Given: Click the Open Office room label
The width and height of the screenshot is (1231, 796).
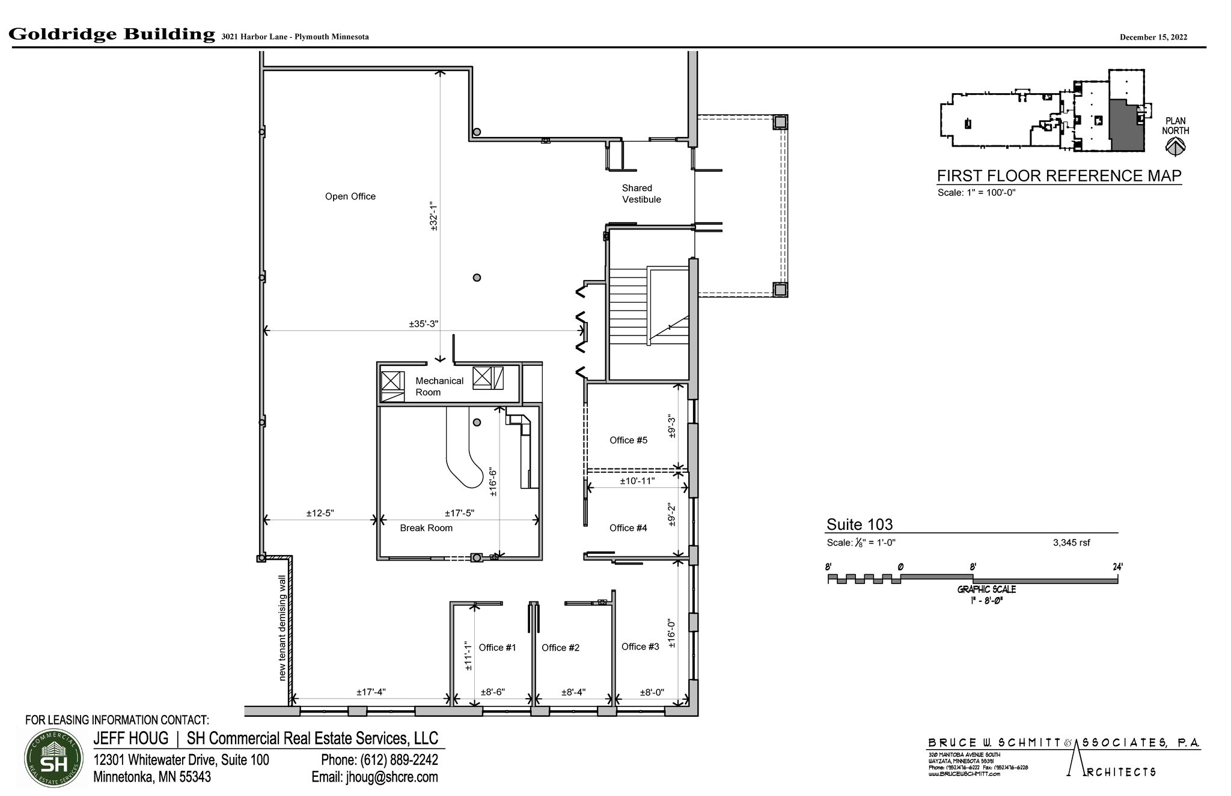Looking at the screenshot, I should pos(350,196).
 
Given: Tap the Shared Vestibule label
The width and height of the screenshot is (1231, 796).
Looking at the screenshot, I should pos(641,193).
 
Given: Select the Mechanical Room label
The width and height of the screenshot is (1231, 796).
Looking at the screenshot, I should pos(439,386).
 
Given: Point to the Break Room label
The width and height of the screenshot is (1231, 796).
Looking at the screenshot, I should pos(426,528).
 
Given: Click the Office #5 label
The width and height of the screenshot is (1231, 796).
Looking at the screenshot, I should pos(628,440).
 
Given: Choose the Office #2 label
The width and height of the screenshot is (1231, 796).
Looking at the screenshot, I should pos(560,648).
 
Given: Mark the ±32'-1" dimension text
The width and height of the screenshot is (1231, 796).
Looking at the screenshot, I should pos(433,216).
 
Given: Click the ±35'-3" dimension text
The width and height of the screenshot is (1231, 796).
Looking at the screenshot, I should pos(423,324).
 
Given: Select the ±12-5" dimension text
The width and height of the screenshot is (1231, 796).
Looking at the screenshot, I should pos(320,513).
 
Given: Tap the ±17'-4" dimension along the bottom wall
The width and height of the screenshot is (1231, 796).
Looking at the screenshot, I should pos(371,692).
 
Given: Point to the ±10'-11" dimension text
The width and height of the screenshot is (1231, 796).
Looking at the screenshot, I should pos(637,481).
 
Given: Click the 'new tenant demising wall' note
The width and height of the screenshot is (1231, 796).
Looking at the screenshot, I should pos(283,628).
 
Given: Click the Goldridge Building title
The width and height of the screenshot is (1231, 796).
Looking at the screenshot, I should pos(112,34).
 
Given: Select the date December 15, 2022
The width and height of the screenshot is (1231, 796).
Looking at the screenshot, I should pos(1153,37).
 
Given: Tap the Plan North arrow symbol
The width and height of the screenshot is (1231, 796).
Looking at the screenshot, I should pos(1175,146).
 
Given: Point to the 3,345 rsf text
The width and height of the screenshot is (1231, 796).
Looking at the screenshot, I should pos(1071,542).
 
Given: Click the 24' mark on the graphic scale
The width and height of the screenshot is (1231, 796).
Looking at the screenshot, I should pos(1117,567).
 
